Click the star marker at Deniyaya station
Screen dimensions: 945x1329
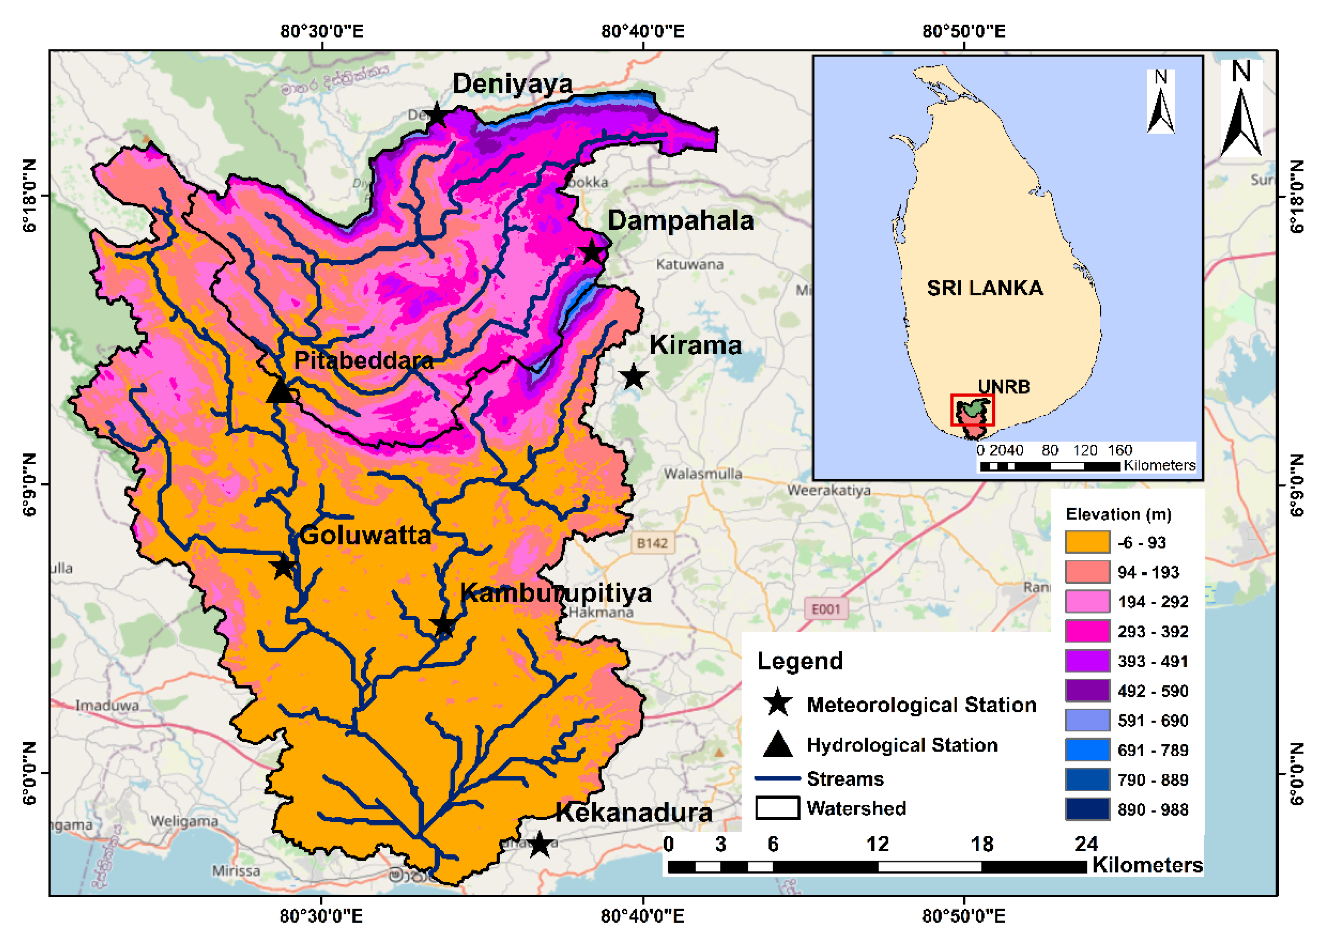click(x=435, y=115)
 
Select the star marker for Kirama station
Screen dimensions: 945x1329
click(x=633, y=377)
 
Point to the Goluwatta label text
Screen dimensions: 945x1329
click(x=365, y=535)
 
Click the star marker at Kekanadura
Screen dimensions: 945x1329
click(x=540, y=844)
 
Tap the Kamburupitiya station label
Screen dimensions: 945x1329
click(x=555, y=593)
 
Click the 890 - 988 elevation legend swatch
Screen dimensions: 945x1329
click(x=1086, y=809)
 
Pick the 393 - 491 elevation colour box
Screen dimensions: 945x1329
click(x=1086, y=661)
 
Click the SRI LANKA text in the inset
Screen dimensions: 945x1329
click(x=984, y=288)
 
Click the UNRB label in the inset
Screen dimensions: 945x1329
click(x=1004, y=386)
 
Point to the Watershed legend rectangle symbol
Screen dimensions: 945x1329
click(x=777, y=808)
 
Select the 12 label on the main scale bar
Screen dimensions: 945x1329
click(x=877, y=844)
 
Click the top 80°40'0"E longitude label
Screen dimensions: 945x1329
click(x=642, y=31)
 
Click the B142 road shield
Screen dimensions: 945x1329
click(x=652, y=543)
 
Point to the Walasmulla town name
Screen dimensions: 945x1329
click(x=703, y=473)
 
